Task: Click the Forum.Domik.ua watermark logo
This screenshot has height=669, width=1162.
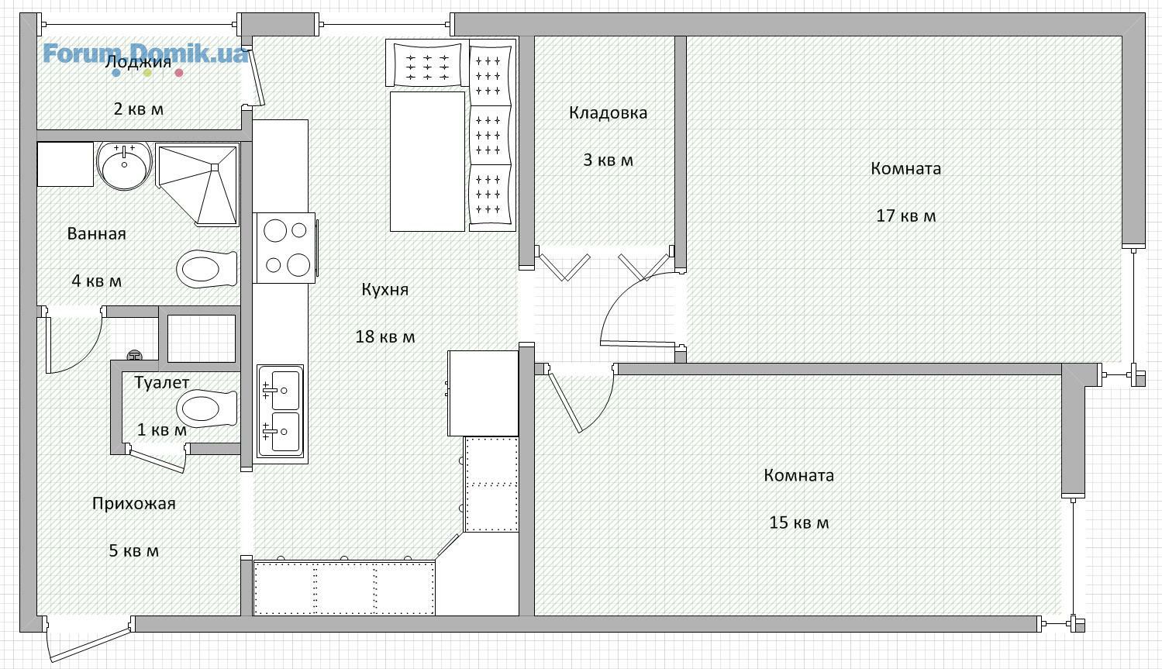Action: pyautogui.click(x=145, y=58)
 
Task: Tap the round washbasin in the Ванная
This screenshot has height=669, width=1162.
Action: pyautogui.click(x=125, y=165)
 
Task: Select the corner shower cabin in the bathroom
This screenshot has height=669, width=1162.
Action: pyautogui.click(x=197, y=185)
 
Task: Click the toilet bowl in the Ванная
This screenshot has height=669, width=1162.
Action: pyautogui.click(x=206, y=269)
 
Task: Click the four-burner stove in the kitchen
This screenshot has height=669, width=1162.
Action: pyautogui.click(x=285, y=248)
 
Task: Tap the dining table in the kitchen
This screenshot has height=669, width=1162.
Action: pyautogui.click(x=427, y=161)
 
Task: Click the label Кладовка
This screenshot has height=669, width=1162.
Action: pyautogui.click(x=608, y=112)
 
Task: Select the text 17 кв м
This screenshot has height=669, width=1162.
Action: pyautogui.click(x=905, y=216)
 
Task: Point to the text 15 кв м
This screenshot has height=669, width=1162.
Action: pyautogui.click(x=799, y=522)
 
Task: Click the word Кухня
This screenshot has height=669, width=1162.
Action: pyautogui.click(x=385, y=289)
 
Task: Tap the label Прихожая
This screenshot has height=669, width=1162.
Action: pyautogui.click(x=134, y=503)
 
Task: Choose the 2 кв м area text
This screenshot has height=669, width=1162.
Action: pyautogui.click(x=139, y=109)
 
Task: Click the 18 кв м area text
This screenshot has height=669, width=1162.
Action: pyautogui.click(x=385, y=336)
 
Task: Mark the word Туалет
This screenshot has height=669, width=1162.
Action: pyautogui.click(x=162, y=382)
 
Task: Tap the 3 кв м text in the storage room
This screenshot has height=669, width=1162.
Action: pyautogui.click(x=608, y=160)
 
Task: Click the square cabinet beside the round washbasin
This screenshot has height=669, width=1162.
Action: pyautogui.click(x=65, y=164)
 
